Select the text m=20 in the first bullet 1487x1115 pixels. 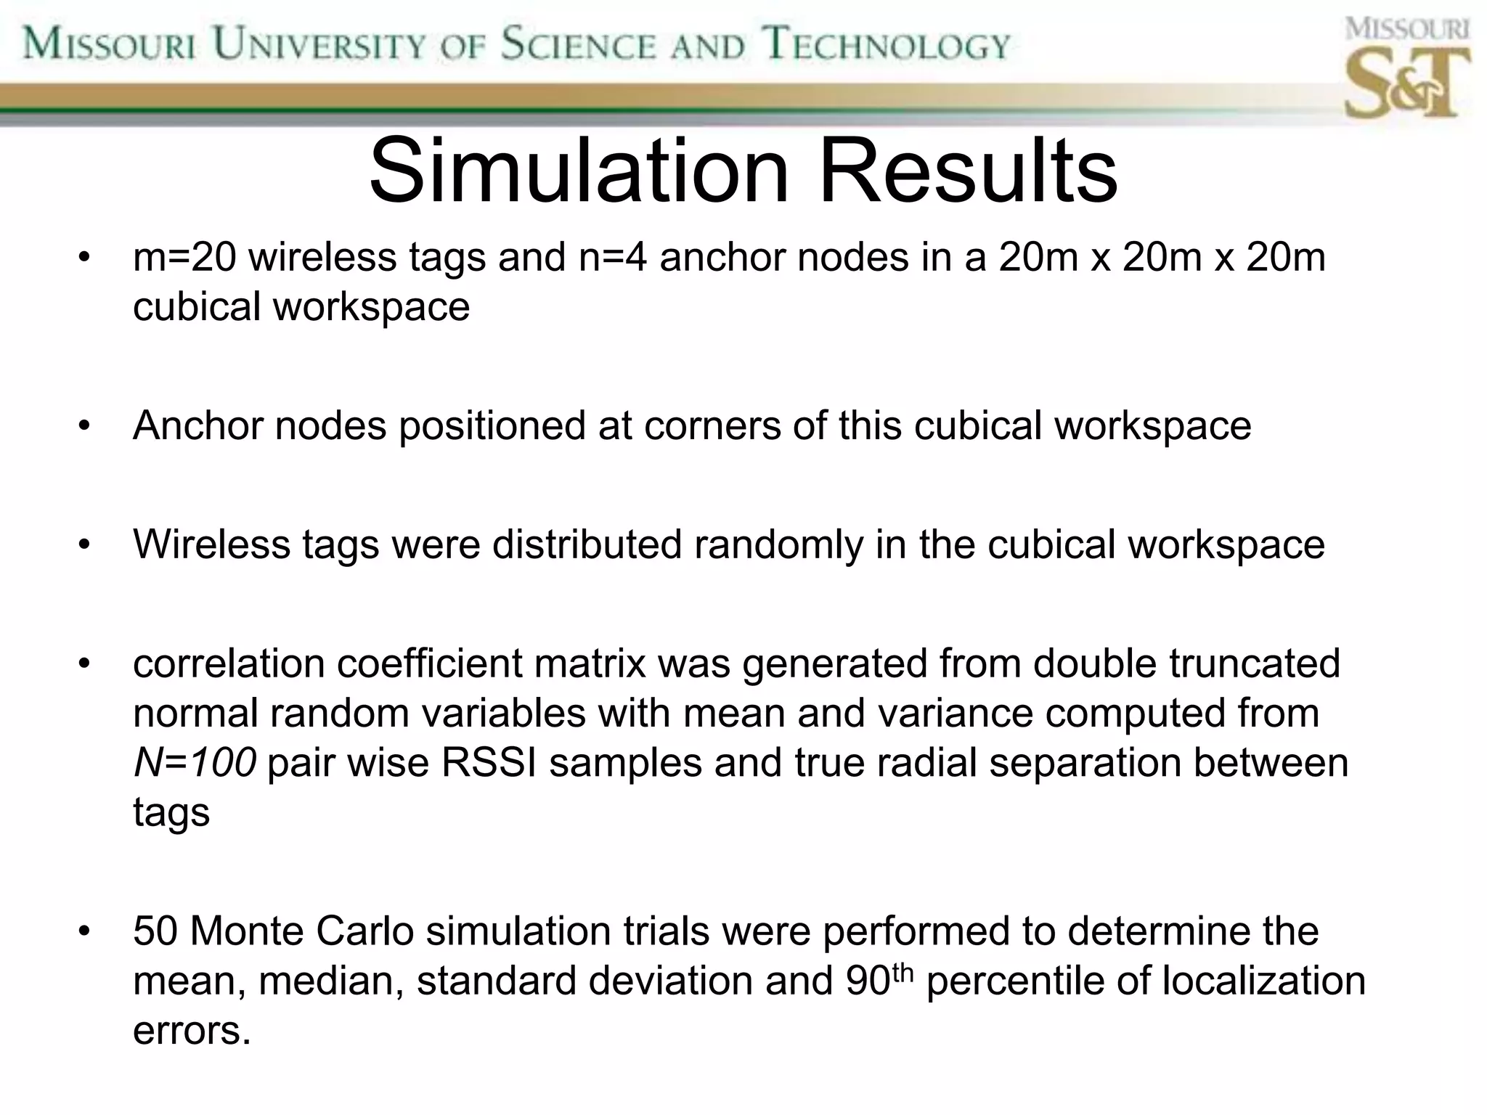[184, 258]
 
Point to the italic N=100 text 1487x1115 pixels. [195, 763]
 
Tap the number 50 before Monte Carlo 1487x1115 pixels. [155, 931]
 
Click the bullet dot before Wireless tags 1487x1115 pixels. [85, 546]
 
